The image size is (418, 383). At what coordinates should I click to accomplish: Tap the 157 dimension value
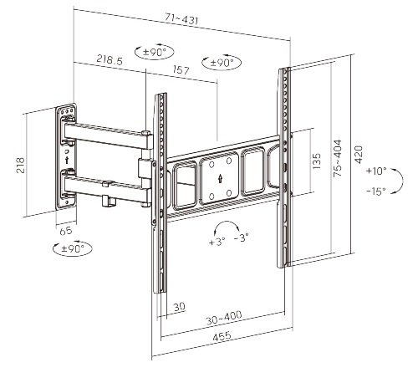(181, 70)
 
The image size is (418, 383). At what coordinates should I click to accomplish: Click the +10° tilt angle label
(376, 170)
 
